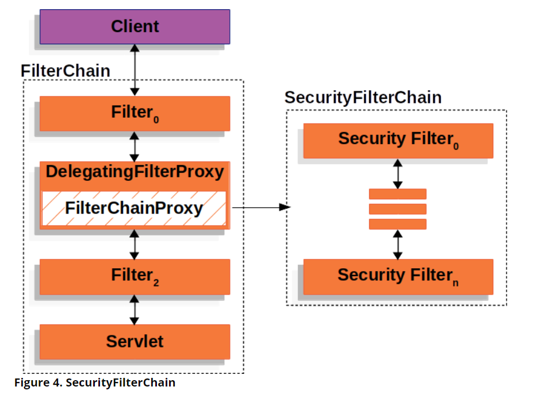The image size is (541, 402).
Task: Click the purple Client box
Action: (135, 26)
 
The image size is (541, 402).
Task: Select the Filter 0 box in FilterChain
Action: (135, 113)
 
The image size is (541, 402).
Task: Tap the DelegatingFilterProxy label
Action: (135, 172)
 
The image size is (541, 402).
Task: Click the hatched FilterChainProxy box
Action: (135, 208)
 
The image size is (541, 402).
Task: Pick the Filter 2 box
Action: (135, 276)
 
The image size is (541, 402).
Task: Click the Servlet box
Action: (135, 342)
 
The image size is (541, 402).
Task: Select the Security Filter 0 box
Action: (398, 140)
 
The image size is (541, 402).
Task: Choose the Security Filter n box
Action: (398, 276)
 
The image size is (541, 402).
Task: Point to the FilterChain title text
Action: (65, 71)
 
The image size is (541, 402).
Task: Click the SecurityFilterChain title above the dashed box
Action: (363, 98)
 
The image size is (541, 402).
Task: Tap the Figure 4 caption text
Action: (95, 382)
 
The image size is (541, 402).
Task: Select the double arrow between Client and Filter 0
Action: (135, 70)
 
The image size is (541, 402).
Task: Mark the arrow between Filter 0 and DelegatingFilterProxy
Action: (135, 146)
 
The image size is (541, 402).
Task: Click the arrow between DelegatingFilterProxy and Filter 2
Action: (135, 244)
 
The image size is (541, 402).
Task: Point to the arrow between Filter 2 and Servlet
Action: (135, 310)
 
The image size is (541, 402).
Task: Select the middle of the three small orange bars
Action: (398, 209)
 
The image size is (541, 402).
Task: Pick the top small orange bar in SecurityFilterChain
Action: (398, 194)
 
